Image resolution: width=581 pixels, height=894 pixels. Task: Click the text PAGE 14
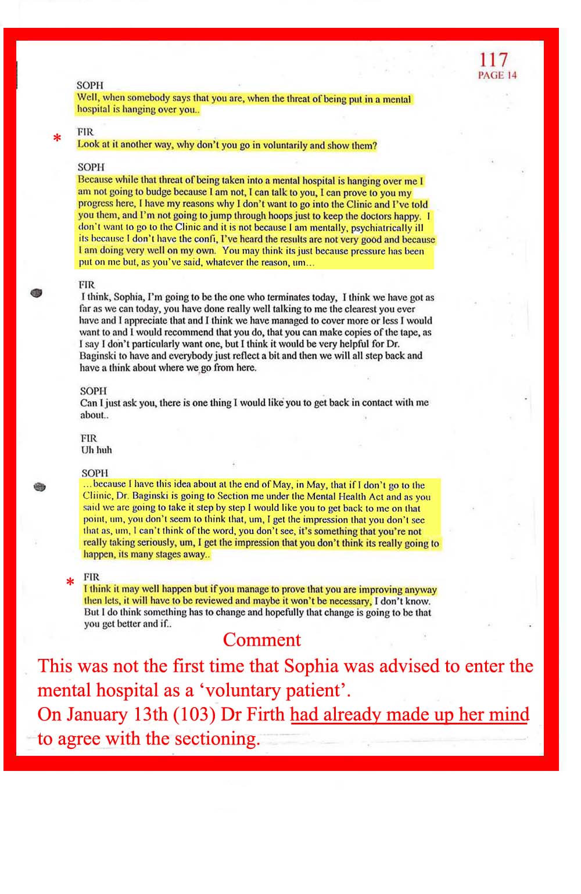coord(497,75)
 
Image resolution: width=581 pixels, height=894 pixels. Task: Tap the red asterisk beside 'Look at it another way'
coord(57,139)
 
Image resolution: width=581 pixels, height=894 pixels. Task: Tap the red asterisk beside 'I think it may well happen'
coord(70,582)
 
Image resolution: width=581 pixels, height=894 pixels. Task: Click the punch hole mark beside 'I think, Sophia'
coord(37,293)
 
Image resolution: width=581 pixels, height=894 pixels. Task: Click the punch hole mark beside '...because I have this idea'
coord(40,487)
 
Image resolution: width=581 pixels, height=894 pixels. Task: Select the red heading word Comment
coord(261,640)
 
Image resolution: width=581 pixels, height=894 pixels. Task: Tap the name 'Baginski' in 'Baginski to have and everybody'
coord(98,356)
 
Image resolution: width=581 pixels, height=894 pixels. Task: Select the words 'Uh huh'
coord(96,450)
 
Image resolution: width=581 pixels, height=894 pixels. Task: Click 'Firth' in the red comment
coord(266,714)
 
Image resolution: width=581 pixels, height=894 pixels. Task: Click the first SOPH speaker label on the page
coord(89,85)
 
